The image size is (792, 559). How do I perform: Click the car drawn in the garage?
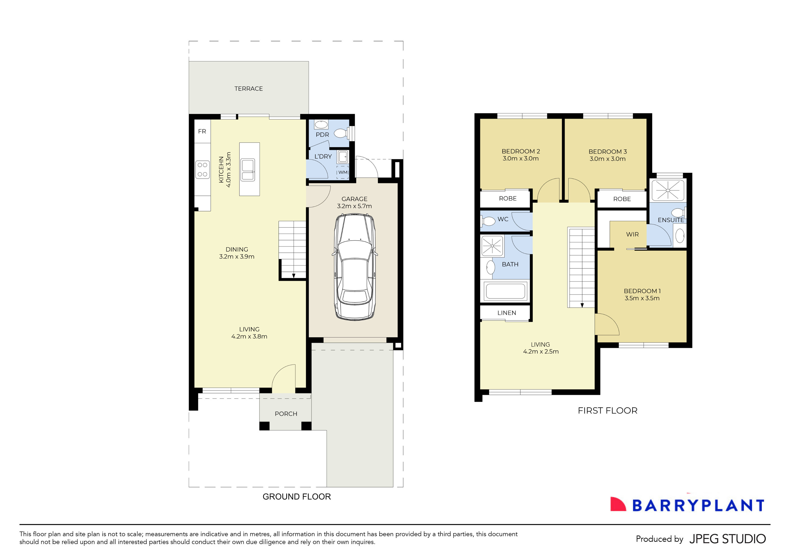(x=355, y=267)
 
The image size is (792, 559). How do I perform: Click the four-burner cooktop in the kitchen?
(x=202, y=170)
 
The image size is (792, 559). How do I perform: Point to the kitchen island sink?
(x=248, y=170)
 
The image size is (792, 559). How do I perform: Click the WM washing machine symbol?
(x=343, y=172)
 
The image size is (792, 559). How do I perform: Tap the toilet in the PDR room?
(x=341, y=133)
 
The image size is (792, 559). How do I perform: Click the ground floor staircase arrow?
(x=294, y=275)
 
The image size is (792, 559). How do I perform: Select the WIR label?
(x=632, y=235)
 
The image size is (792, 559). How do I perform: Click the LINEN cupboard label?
(x=506, y=313)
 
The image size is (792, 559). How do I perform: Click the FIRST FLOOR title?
(x=607, y=411)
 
